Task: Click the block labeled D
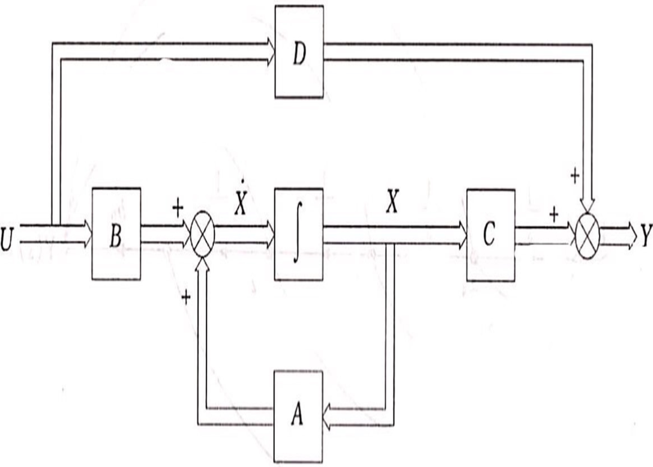tap(299, 52)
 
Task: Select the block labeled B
tap(116, 234)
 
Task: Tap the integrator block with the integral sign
tap(298, 234)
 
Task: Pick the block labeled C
tap(490, 235)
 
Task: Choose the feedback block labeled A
tap(298, 417)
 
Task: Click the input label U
tap(8, 235)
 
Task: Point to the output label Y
tap(646, 235)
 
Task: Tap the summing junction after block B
tap(202, 235)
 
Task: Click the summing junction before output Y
tap(588, 235)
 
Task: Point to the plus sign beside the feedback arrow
tap(186, 298)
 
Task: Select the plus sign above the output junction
tap(574, 176)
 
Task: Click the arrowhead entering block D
tap(268, 52)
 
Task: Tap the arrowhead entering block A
tap(329, 417)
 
